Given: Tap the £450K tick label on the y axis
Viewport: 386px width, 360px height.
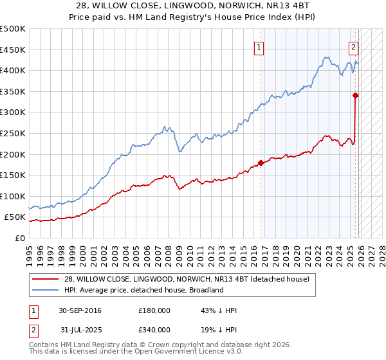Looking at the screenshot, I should tap(12, 50).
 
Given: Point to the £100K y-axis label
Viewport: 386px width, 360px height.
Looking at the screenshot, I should tap(12, 196).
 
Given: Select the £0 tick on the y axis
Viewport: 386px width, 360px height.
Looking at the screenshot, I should tap(19, 238).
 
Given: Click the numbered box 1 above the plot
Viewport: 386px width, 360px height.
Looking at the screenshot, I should tap(259, 46).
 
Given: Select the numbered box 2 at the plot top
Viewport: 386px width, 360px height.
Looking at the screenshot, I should tap(353, 46).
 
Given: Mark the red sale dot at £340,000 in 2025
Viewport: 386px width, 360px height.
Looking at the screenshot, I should tap(355, 95).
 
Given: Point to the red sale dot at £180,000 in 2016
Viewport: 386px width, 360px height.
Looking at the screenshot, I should tap(261, 163).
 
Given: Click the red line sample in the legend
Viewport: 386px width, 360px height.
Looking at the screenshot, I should tap(46, 279).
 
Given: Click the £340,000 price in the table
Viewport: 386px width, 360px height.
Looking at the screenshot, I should tap(154, 330).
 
